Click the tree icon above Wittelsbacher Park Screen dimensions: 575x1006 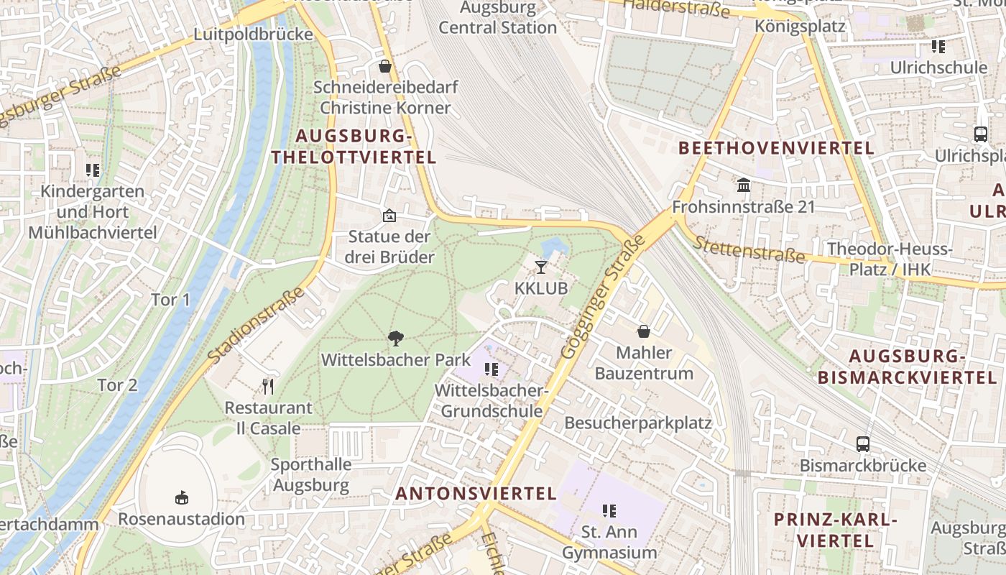click(395, 338)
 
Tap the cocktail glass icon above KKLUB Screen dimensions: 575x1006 click(541, 267)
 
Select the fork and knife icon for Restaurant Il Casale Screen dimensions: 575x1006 click(268, 387)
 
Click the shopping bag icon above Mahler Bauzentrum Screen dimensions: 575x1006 click(644, 331)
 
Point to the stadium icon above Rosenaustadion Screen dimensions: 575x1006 click(181, 497)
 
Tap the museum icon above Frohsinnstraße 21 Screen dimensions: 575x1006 click(744, 186)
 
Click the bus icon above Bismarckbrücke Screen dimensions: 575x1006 click(863, 444)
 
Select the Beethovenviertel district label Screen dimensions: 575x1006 click(776, 149)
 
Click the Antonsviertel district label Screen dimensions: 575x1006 click(476, 494)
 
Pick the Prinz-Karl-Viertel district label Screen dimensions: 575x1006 click(836, 530)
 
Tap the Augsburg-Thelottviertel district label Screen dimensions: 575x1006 click(354, 147)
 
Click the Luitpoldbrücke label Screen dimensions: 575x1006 click(254, 34)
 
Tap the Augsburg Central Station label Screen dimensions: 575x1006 click(498, 18)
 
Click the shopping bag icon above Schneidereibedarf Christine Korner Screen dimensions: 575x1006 click(385, 67)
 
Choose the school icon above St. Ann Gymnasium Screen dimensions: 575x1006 click(609, 511)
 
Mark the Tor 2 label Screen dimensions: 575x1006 click(117, 385)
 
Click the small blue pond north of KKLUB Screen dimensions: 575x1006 click(554, 249)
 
